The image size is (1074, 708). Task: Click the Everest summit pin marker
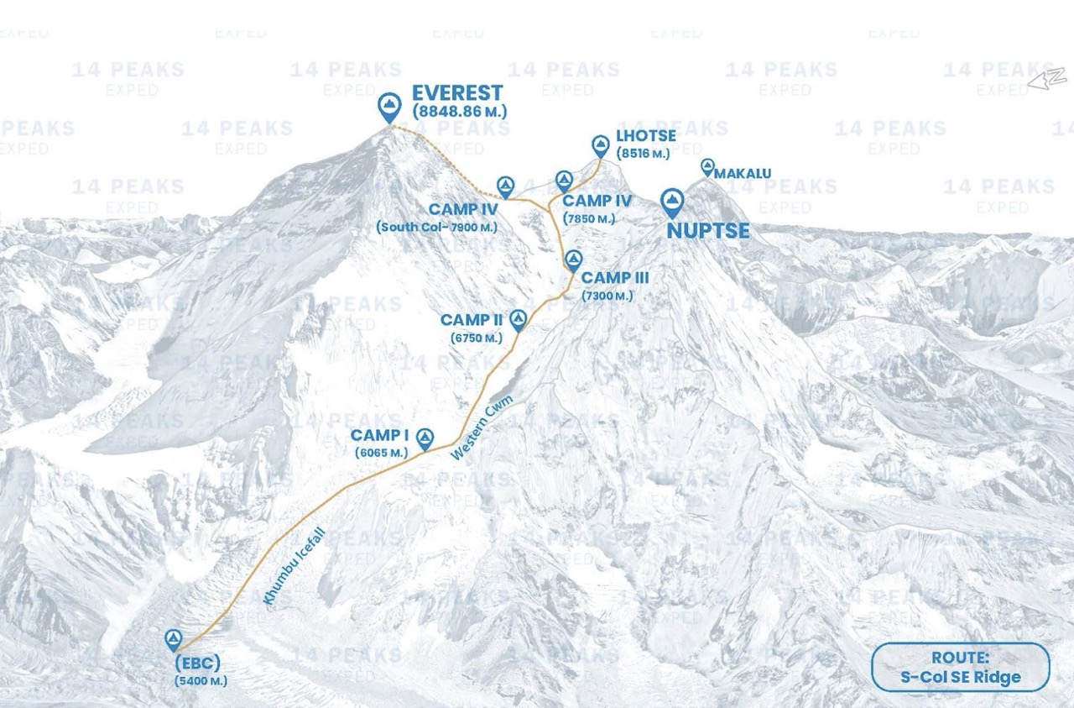pyautogui.click(x=388, y=106)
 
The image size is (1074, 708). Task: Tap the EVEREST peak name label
pyautogui.click(x=457, y=93)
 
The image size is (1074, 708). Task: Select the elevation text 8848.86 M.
pyautogui.click(x=459, y=111)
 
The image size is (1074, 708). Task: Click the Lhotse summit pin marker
pyautogui.click(x=600, y=145)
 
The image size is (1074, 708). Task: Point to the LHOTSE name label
pyautogui.click(x=645, y=137)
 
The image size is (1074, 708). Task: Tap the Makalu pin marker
pyautogui.click(x=707, y=166)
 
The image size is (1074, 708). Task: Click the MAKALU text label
pyautogui.click(x=743, y=174)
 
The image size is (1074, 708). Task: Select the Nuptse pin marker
pyautogui.click(x=672, y=202)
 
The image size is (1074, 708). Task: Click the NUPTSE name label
pyautogui.click(x=707, y=230)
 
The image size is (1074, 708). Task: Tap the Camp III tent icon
pyautogui.click(x=573, y=259)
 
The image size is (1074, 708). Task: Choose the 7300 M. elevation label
pyautogui.click(x=607, y=296)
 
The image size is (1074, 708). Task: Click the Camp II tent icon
pyautogui.click(x=518, y=318)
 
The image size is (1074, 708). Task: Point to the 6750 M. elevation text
pyautogui.click(x=476, y=338)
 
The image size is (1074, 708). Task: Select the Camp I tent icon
pyautogui.click(x=425, y=436)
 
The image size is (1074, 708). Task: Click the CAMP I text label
pyautogui.click(x=379, y=435)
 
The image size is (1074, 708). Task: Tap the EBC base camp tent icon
pyautogui.click(x=174, y=640)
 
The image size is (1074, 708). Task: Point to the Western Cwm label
pyautogui.click(x=482, y=427)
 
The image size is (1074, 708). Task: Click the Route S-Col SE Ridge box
pyautogui.click(x=960, y=668)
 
